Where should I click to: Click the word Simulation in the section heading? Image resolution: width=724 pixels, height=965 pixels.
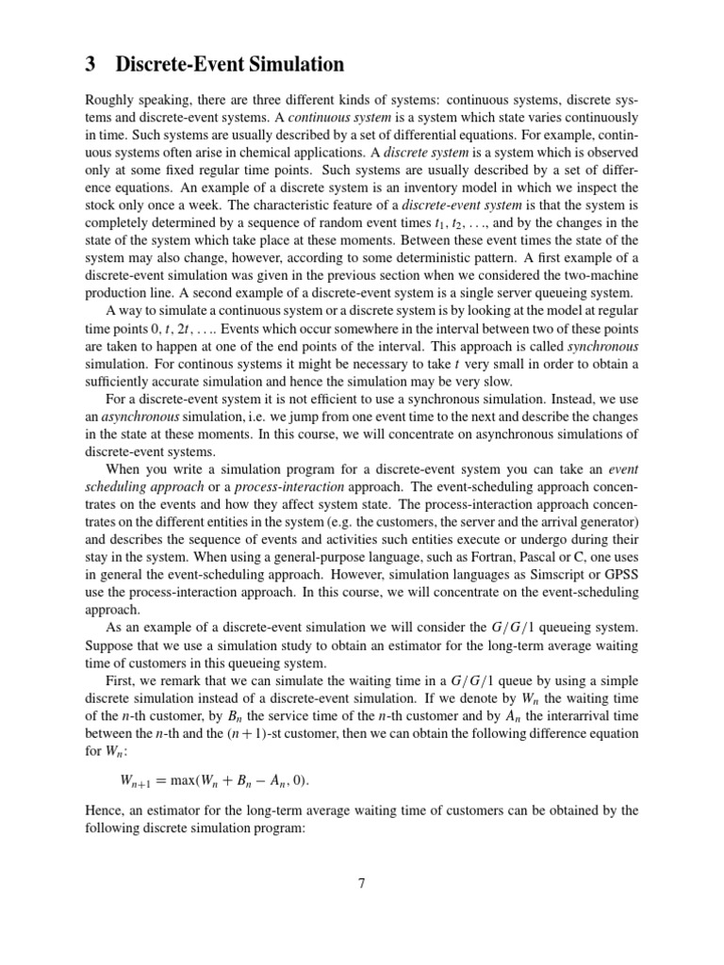[296, 65]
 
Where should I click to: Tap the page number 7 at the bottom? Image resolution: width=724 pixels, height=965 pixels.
[361, 883]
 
